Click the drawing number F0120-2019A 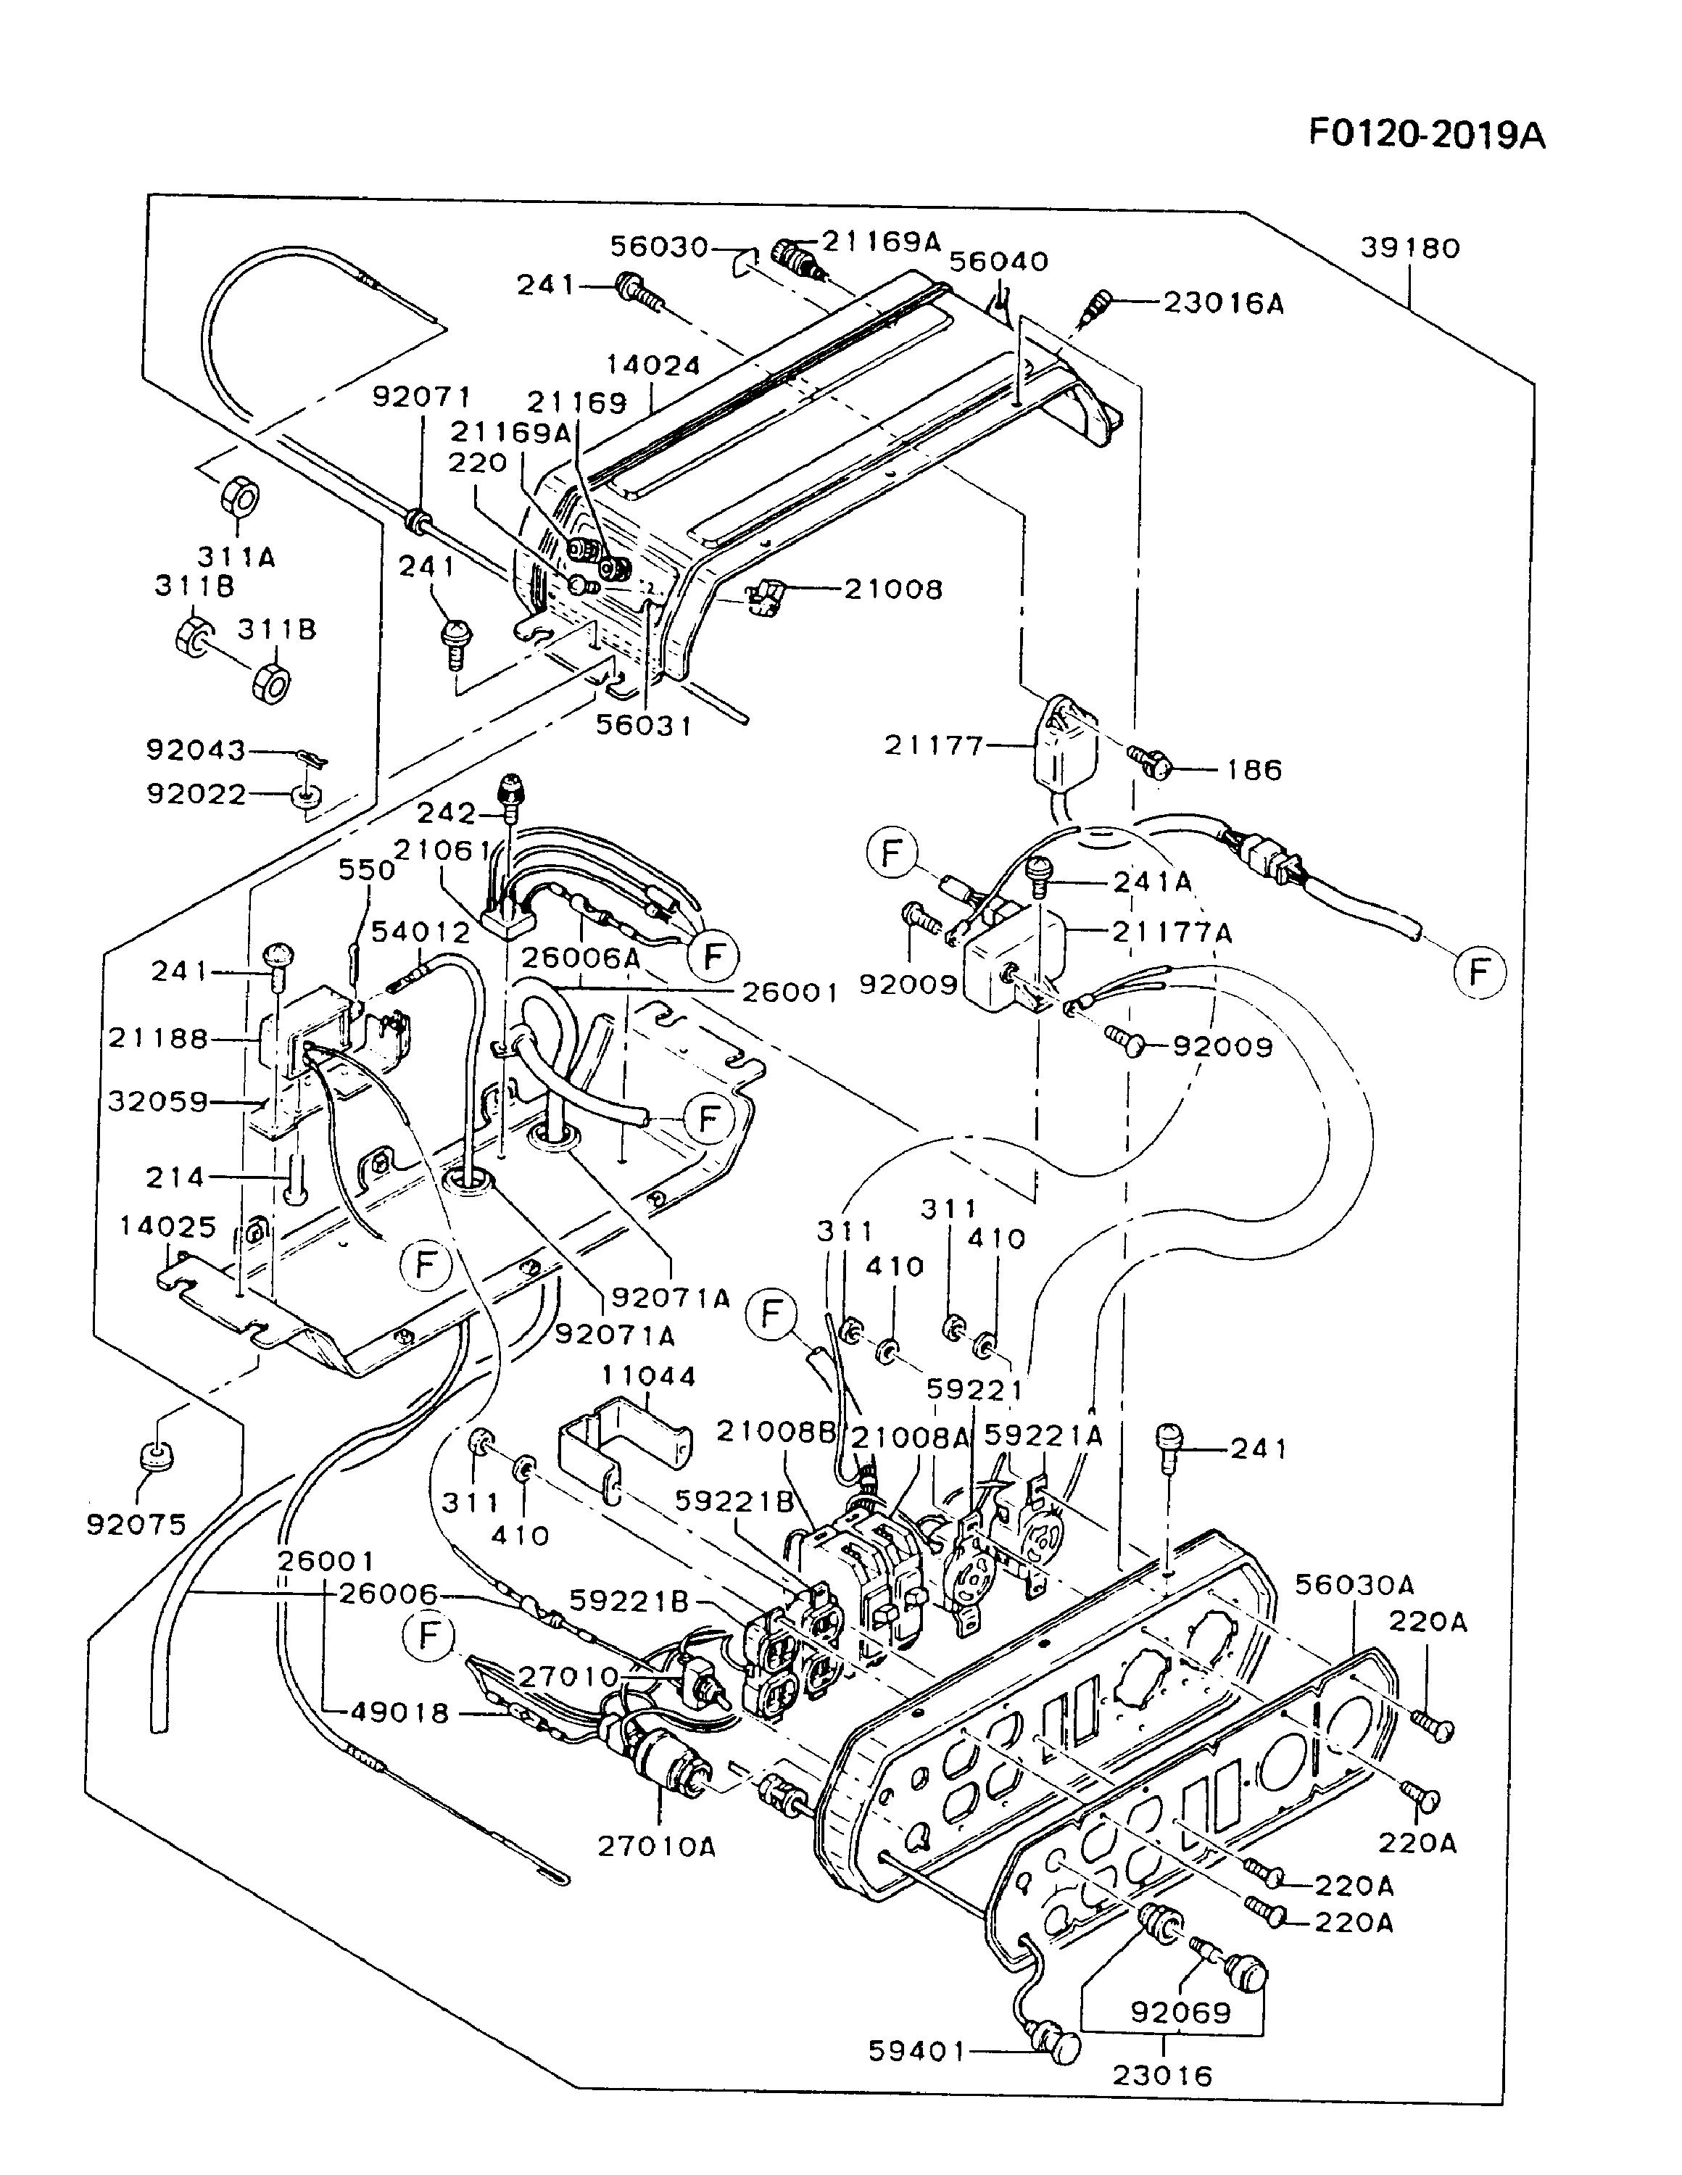tap(1427, 133)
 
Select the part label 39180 tap(1410, 248)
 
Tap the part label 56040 tap(999, 262)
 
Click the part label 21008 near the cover tap(893, 589)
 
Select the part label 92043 tap(195, 750)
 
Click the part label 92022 tap(195, 794)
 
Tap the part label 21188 tap(158, 1039)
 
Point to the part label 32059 tap(158, 1101)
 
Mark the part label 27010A tap(658, 1847)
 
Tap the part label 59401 tap(917, 2052)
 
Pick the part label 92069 tap(1181, 2013)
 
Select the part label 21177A tap(1172, 933)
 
